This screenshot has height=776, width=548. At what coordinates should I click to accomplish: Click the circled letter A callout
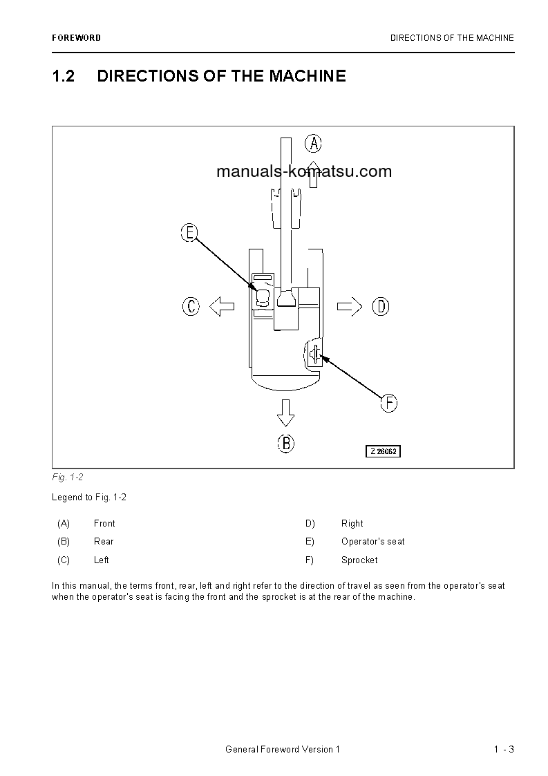tap(314, 143)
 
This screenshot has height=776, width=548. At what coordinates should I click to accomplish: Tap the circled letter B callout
tap(286, 443)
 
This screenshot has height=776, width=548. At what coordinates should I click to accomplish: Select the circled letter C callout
tap(191, 305)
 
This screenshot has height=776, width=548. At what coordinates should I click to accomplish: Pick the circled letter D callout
tap(381, 305)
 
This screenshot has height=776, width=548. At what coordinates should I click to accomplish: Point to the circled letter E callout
tap(189, 233)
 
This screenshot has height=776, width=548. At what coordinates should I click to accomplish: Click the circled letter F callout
tap(389, 403)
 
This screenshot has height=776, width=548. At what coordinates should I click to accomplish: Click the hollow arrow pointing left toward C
tap(221, 305)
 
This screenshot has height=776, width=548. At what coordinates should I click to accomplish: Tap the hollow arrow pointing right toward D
tap(350, 305)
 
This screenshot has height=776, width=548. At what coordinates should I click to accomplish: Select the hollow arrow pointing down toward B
tap(285, 412)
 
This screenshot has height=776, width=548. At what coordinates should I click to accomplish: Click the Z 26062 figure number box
tap(384, 451)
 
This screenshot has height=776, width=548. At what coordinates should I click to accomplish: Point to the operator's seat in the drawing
tap(263, 298)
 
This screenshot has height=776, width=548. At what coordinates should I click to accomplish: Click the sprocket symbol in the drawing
tap(314, 354)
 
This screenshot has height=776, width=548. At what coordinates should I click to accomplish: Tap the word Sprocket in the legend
tap(359, 560)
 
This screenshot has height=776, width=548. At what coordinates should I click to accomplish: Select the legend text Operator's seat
tap(373, 542)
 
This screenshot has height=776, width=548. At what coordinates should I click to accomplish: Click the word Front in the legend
tap(104, 524)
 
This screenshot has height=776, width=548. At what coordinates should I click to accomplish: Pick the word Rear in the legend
tap(104, 542)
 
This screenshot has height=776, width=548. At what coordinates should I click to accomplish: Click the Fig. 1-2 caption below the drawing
tap(68, 477)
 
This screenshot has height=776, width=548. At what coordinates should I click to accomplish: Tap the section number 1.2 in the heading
tap(64, 76)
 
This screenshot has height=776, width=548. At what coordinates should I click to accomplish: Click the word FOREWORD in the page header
tap(76, 38)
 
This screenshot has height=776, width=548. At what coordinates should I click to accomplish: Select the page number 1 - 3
tap(504, 750)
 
